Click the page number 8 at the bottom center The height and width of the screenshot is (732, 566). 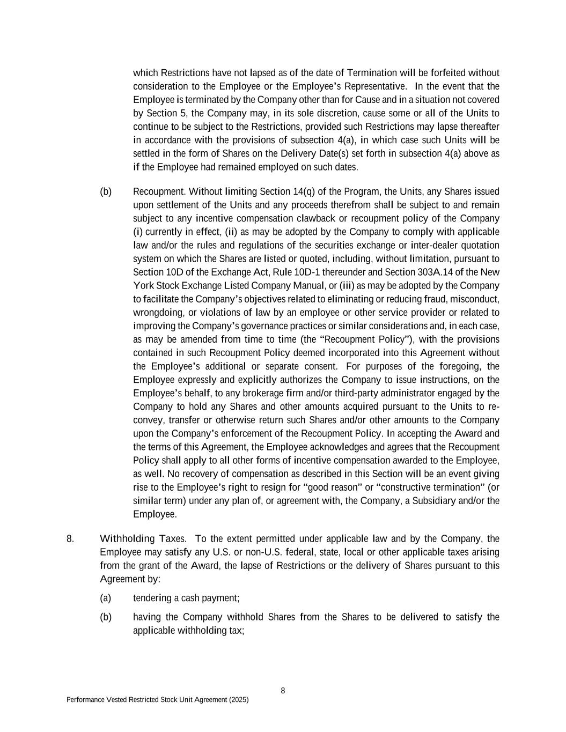click(283, 691)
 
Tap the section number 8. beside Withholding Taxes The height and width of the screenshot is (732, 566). click(70, 539)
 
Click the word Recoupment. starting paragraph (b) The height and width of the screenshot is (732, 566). click(159, 192)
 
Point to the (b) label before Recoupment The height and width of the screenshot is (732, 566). click(106, 192)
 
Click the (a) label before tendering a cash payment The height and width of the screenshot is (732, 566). click(106, 598)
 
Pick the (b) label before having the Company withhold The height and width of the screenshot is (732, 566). click(106, 617)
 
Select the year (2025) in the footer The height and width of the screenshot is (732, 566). click(237, 700)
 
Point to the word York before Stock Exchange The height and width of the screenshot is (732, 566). click(143, 286)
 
